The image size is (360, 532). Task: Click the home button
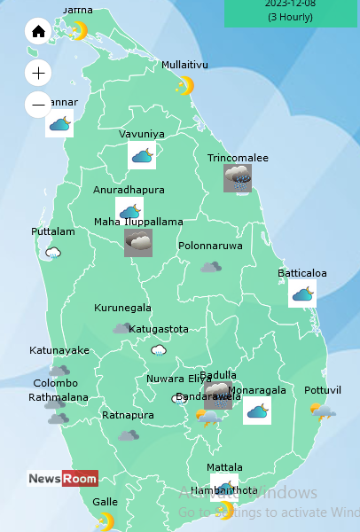[38, 32]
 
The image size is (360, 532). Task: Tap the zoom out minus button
[38, 105]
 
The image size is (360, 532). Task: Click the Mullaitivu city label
[184, 65]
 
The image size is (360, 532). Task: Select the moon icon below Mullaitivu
[184, 86]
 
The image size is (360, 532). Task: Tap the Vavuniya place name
[142, 135]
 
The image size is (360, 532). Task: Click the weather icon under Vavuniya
[142, 156]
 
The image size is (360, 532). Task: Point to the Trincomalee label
[238, 158]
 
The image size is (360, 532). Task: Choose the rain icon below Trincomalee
[238, 178]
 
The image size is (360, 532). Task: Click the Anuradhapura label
[129, 190]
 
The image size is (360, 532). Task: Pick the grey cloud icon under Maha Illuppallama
[137, 242]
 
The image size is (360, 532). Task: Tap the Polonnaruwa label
[210, 246]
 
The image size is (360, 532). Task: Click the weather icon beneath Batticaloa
[302, 293]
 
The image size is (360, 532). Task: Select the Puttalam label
[53, 231]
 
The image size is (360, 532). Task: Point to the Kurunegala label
[122, 309]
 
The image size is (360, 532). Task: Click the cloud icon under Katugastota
[159, 350]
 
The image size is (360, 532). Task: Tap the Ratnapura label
[128, 415]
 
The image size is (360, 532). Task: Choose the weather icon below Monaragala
[257, 411]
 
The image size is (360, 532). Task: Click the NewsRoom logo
[62, 479]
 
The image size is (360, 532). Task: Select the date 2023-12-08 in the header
[290, 4]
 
